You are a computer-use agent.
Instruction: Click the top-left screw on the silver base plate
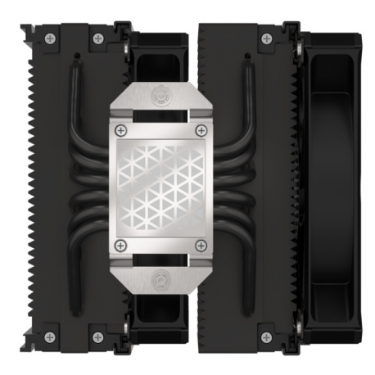[122, 130]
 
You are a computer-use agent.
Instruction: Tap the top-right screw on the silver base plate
[201, 130]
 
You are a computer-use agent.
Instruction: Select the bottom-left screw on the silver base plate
[122, 244]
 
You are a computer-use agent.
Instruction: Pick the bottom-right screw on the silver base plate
[201, 244]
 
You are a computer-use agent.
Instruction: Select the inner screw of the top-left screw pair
[97, 37]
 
